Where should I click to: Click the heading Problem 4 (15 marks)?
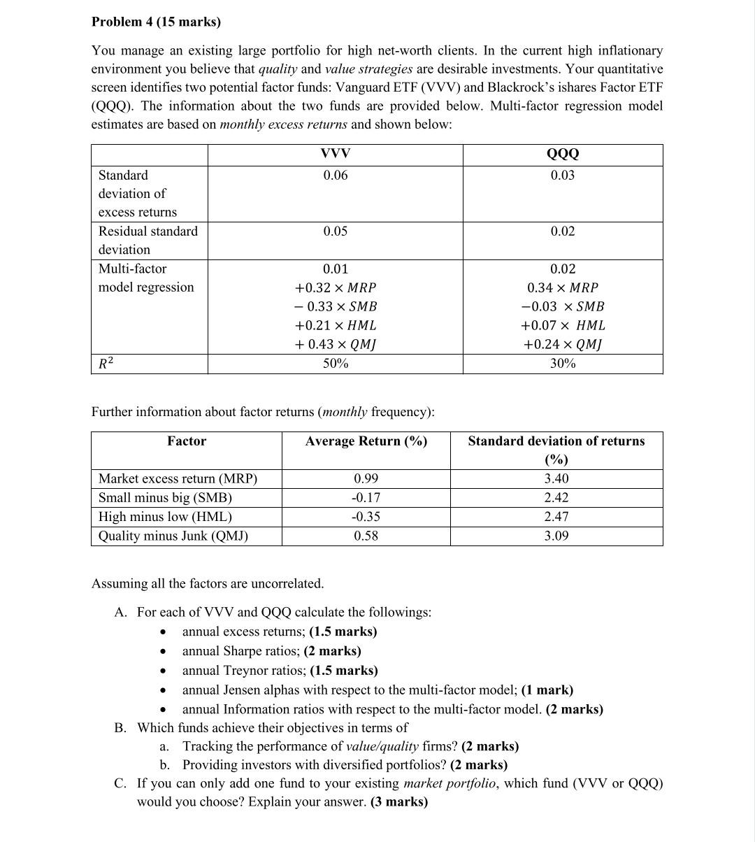click(156, 22)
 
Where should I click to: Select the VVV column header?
click(335, 154)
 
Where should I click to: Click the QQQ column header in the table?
click(562, 154)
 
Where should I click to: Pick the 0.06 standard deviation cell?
click(335, 176)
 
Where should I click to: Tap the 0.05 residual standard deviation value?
click(335, 231)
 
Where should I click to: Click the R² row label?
click(106, 364)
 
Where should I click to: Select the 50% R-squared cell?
click(335, 364)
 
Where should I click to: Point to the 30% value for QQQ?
click(562, 364)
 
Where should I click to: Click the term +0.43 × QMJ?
click(335, 344)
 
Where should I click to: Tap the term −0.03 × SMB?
click(562, 306)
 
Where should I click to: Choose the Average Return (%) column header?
click(366, 441)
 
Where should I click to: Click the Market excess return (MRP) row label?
click(178, 479)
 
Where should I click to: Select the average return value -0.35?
click(366, 517)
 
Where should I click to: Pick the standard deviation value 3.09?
click(556, 536)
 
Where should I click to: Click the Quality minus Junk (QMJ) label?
click(173, 536)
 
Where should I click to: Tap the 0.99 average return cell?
click(366, 479)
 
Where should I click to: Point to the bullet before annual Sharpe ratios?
click(162, 652)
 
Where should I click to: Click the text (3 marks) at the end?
click(398, 802)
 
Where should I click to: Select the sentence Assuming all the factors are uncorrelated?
click(208, 583)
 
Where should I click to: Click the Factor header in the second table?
click(187, 441)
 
